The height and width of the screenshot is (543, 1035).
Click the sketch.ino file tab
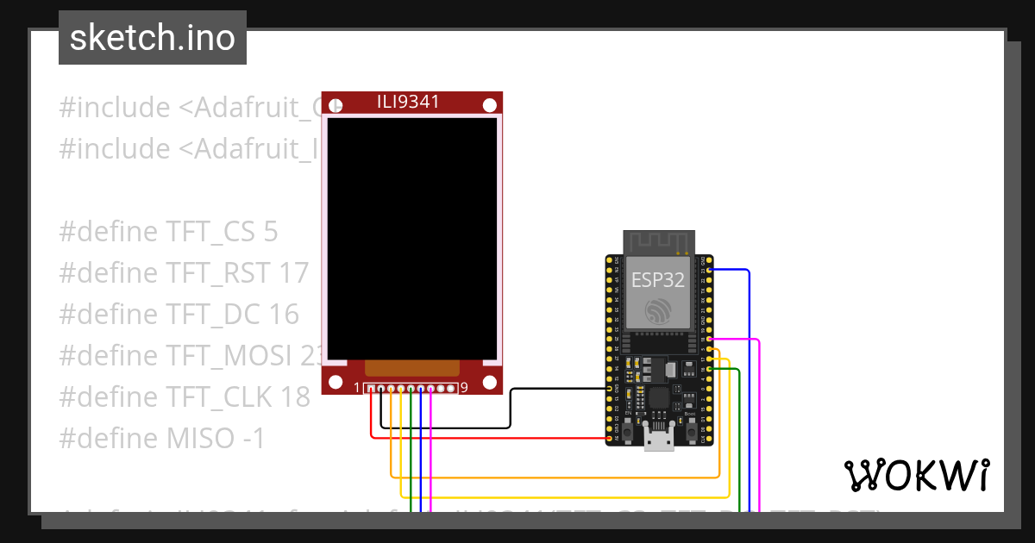point(153,38)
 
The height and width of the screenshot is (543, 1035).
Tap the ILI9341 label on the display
point(408,102)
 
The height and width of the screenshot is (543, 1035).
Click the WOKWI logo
point(915,475)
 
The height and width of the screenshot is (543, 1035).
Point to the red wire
point(483,437)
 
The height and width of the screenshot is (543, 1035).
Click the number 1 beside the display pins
point(357,388)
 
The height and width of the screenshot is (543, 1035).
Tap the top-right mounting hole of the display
point(490,105)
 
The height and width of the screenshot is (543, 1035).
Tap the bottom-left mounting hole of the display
point(335,381)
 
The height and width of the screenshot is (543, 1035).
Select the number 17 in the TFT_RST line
point(294,273)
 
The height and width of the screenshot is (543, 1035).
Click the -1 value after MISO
point(254,439)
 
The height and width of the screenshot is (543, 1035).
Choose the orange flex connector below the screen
point(411,368)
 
